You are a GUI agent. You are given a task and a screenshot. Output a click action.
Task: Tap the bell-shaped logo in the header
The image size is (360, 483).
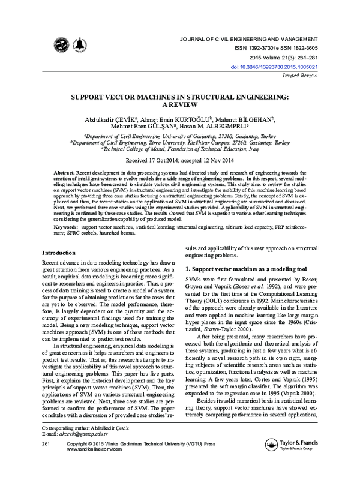(x=79, y=46)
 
